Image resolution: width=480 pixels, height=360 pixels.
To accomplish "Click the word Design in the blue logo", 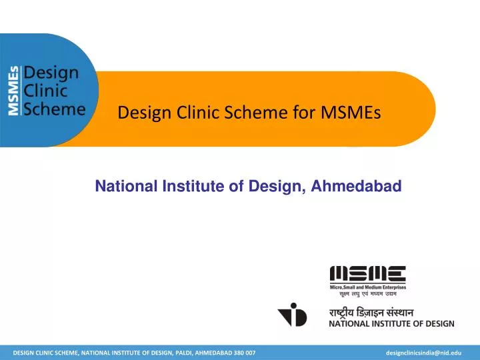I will pos(51,72).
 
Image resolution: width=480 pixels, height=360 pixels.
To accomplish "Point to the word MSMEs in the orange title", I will pos(354,113).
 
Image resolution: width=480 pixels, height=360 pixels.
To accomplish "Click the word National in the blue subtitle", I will pos(127,187).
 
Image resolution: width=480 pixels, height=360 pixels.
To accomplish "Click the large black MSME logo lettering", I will pos(368,273).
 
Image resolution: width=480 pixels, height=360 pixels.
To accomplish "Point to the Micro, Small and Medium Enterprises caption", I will pos(368,286).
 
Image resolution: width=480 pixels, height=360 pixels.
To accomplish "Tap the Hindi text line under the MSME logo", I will pos(368,293).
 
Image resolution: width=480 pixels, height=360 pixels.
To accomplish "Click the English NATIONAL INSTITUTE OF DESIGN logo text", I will pos(392,324).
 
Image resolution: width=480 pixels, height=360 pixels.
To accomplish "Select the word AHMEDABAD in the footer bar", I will pos(209,351).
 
